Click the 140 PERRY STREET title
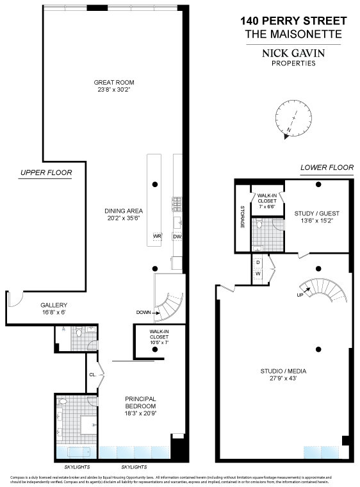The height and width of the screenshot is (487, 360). point(293,21)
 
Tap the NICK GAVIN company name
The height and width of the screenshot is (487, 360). point(294,54)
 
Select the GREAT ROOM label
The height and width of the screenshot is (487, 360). point(114,82)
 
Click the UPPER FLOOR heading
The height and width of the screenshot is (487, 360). point(45,172)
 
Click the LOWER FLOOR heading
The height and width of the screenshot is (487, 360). point(327,168)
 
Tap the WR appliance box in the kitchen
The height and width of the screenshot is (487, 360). point(156,236)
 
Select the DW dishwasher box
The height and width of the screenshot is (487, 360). point(177,236)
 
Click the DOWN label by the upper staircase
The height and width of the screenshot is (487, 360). point(144,313)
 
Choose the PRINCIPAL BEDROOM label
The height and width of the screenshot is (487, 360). point(140,401)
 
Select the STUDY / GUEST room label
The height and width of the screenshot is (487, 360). point(316,213)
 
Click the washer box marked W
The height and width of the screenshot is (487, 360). point(258,274)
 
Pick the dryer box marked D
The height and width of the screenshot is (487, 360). point(258,263)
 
